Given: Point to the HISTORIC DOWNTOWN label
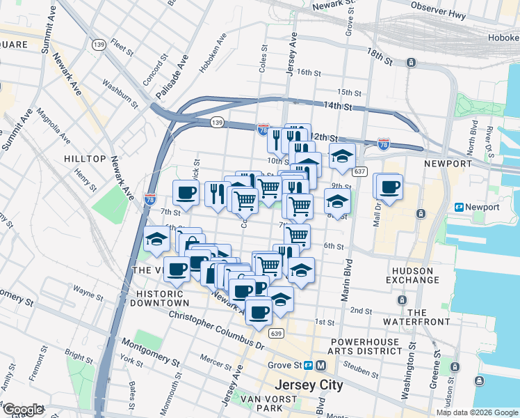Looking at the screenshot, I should [x=158, y=299].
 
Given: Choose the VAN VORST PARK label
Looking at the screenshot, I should [x=269, y=403].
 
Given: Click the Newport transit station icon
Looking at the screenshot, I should [x=460, y=207].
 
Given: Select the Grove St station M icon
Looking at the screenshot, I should [x=320, y=365].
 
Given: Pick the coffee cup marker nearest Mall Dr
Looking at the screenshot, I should [x=390, y=187].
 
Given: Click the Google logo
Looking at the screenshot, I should [x=22, y=410].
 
